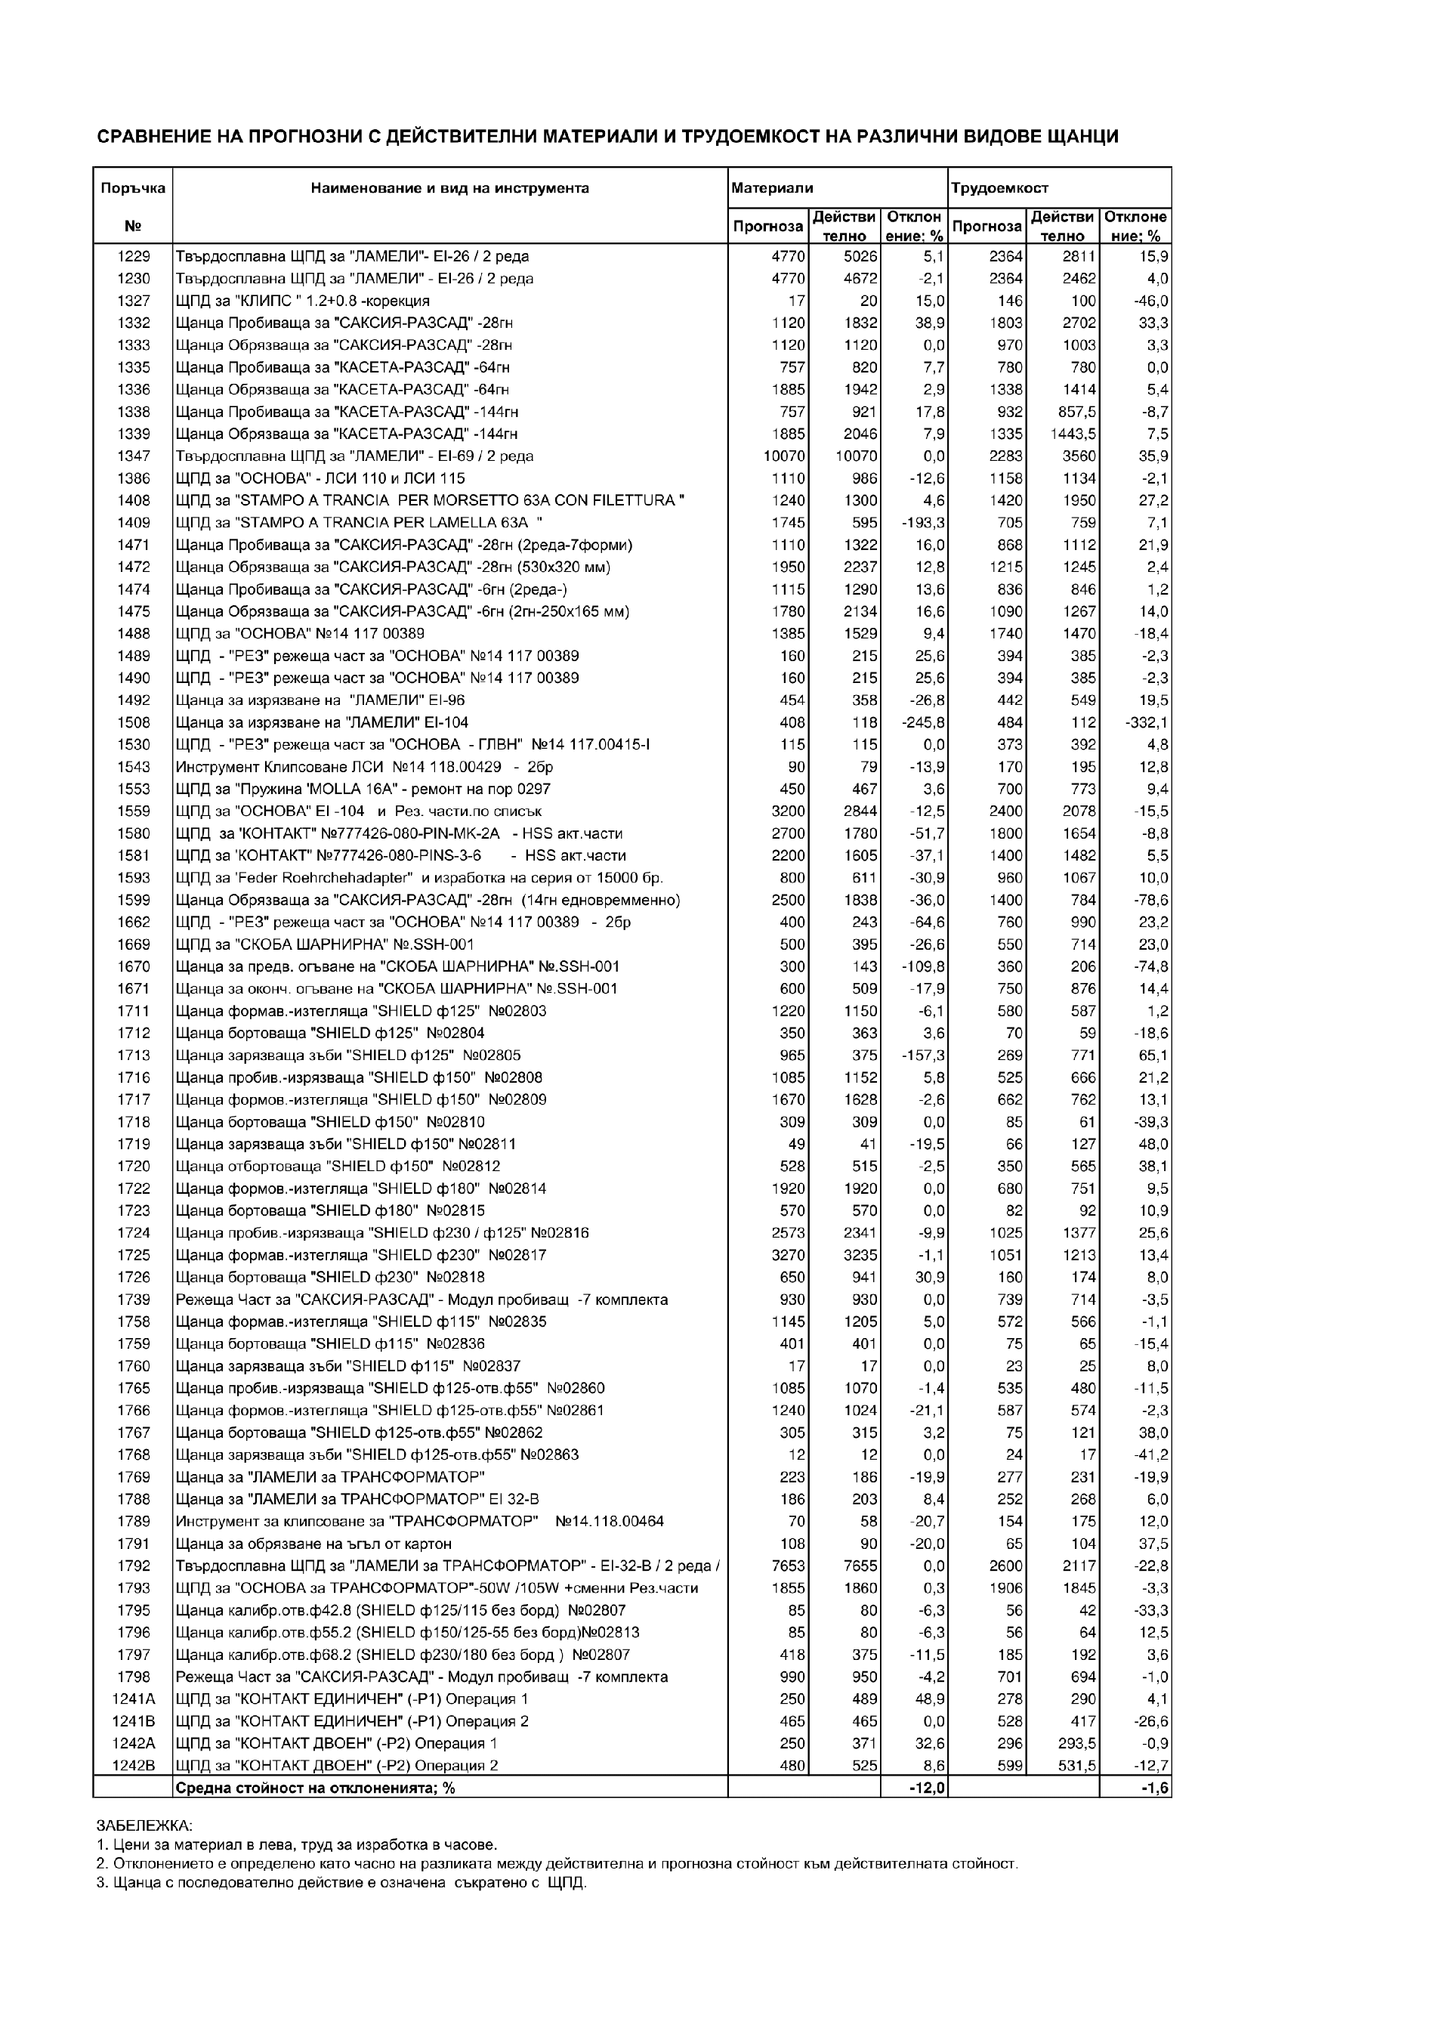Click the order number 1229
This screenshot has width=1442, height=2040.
133,257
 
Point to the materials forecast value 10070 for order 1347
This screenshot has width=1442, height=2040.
783,456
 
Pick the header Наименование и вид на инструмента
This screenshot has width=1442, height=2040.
449,188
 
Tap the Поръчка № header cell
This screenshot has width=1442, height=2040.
133,206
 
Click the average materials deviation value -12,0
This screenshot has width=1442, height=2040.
928,1788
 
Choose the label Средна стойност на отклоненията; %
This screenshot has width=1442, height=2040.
316,1788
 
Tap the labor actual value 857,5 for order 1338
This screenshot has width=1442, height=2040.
1074,411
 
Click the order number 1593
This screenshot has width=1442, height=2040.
133,878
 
